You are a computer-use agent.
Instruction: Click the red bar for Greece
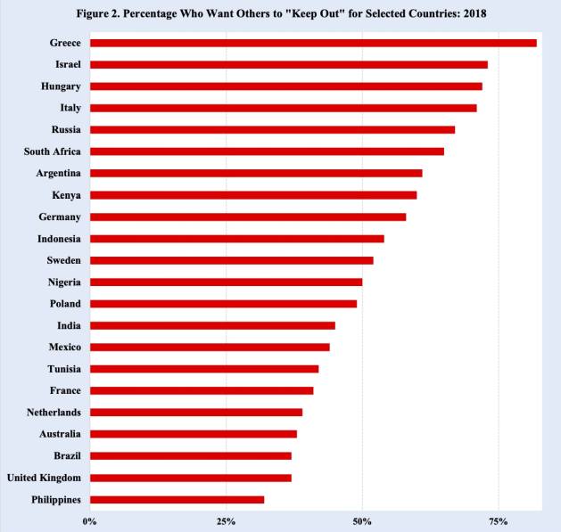click(x=312, y=43)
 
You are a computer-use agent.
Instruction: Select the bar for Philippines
click(x=177, y=499)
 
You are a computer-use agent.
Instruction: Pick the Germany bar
click(x=247, y=217)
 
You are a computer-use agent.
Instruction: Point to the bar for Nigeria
click(x=226, y=282)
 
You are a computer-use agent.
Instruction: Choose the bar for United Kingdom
click(x=190, y=478)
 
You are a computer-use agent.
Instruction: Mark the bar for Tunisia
click(x=203, y=368)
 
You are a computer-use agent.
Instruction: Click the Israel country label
click(x=68, y=64)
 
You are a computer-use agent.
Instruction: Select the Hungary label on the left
click(x=61, y=86)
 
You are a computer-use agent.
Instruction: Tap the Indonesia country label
click(x=59, y=239)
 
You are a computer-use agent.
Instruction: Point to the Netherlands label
click(x=54, y=413)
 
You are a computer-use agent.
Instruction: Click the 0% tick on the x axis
click(x=89, y=520)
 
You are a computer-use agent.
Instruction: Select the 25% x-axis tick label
click(x=226, y=520)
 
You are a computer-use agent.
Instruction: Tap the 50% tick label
click(x=362, y=520)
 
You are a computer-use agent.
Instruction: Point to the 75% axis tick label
click(x=499, y=520)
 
